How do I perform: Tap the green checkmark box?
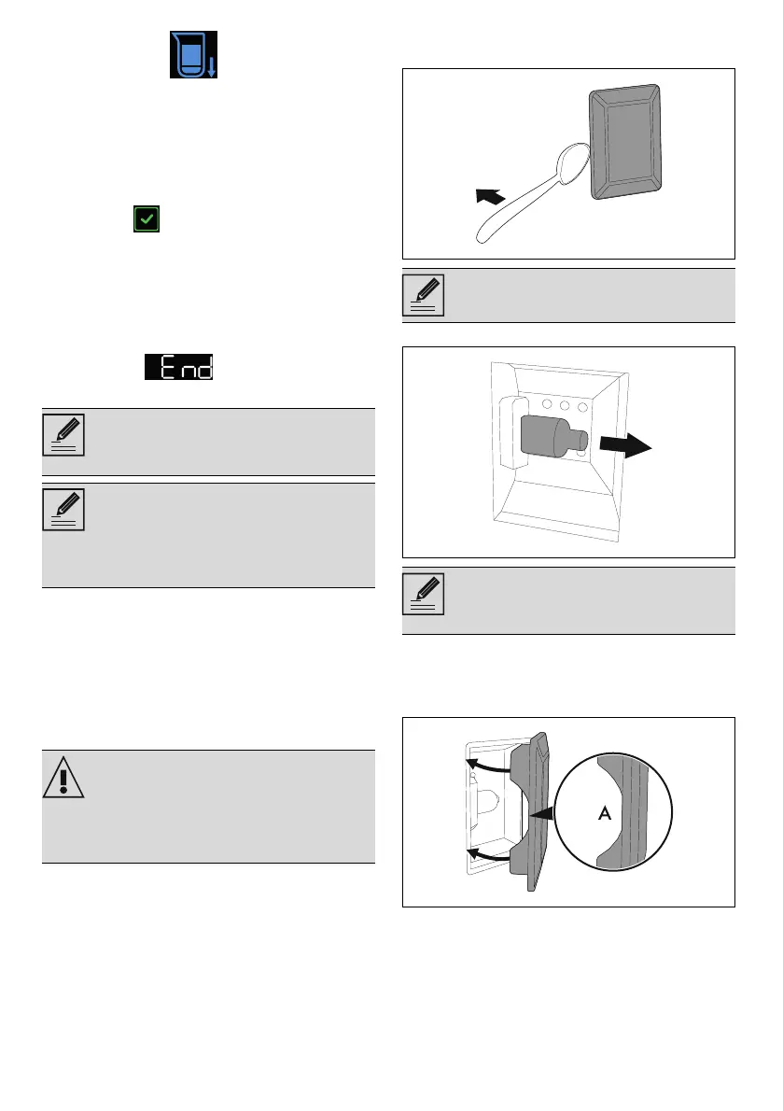click(x=147, y=220)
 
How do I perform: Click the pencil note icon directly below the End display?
click(x=63, y=436)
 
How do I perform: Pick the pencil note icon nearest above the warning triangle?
click(x=63, y=510)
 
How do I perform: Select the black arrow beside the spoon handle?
click(x=490, y=196)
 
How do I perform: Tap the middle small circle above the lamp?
click(x=564, y=407)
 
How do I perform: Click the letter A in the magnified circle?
click(x=604, y=814)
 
